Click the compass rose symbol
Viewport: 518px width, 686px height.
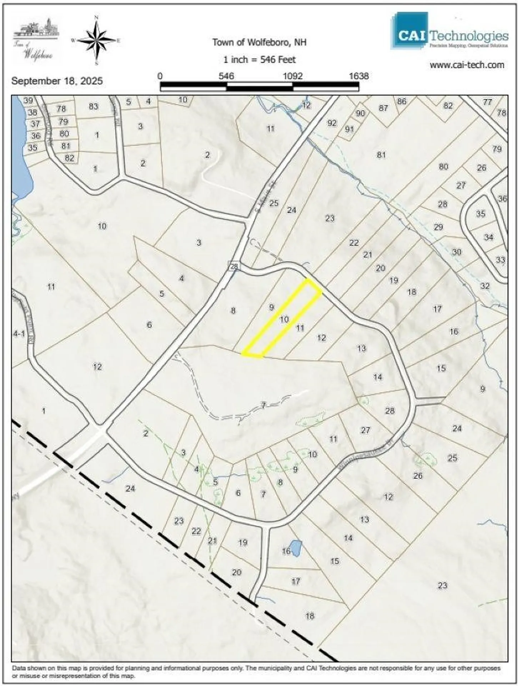pyautogui.click(x=96, y=40)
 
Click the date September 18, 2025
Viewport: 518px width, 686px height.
pyautogui.click(x=57, y=81)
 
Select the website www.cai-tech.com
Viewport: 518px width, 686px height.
pyautogui.click(x=467, y=65)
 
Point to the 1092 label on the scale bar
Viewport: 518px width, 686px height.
pyautogui.click(x=293, y=76)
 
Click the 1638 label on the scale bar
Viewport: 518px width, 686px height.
pyautogui.click(x=358, y=76)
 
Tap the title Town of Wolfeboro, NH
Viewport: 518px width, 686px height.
pyautogui.click(x=259, y=43)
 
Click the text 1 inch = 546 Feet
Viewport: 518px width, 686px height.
pyautogui.click(x=259, y=60)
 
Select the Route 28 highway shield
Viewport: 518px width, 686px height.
pyautogui.click(x=233, y=266)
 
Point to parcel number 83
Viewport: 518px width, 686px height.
pyautogui.click(x=94, y=106)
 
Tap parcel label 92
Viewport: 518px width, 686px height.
pyautogui.click(x=332, y=123)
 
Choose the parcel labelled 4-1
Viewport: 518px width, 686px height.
pyautogui.click(x=19, y=334)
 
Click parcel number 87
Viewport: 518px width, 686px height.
pyautogui.click(x=383, y=108)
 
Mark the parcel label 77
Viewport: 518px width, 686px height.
pyautogui.click(x=487, y=102)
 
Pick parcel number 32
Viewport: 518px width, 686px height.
pyautogui.click(x=484, y=286)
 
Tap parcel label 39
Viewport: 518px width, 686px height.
pyautogui.click(x=28, y=100)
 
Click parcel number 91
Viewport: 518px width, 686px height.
pyautogui.click(x=349, y=129)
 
